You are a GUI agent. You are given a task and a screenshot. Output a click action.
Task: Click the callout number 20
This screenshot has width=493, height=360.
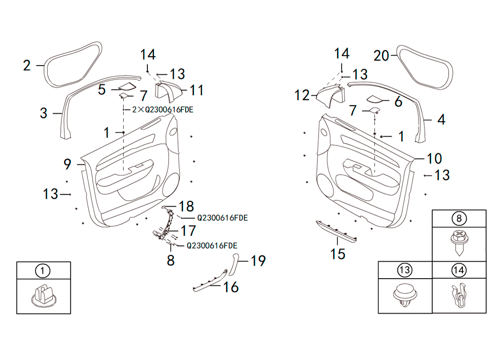tap(382, 56)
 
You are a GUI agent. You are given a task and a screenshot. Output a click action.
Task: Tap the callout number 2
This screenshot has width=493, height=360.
tap(27, 66)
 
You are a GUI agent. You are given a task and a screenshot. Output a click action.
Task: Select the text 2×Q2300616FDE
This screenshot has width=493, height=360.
tap(163, 110)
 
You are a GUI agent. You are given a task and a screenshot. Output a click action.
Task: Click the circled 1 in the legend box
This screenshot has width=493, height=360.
tap(43, 270)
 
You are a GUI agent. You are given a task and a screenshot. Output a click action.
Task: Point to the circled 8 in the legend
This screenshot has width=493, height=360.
tap(458, 218)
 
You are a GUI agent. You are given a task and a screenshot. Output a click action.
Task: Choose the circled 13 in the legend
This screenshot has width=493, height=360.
tap(405, 270)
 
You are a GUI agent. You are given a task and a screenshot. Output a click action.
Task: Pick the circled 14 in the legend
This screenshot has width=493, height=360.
tap(458, 270)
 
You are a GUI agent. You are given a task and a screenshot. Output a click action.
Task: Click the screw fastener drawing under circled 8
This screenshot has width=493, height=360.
tap(459, 243)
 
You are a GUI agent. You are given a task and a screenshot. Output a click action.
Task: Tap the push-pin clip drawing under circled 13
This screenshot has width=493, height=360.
tap(405, 295)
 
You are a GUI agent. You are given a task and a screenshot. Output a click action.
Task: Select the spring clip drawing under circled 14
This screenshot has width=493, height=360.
tap(459, 295)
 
